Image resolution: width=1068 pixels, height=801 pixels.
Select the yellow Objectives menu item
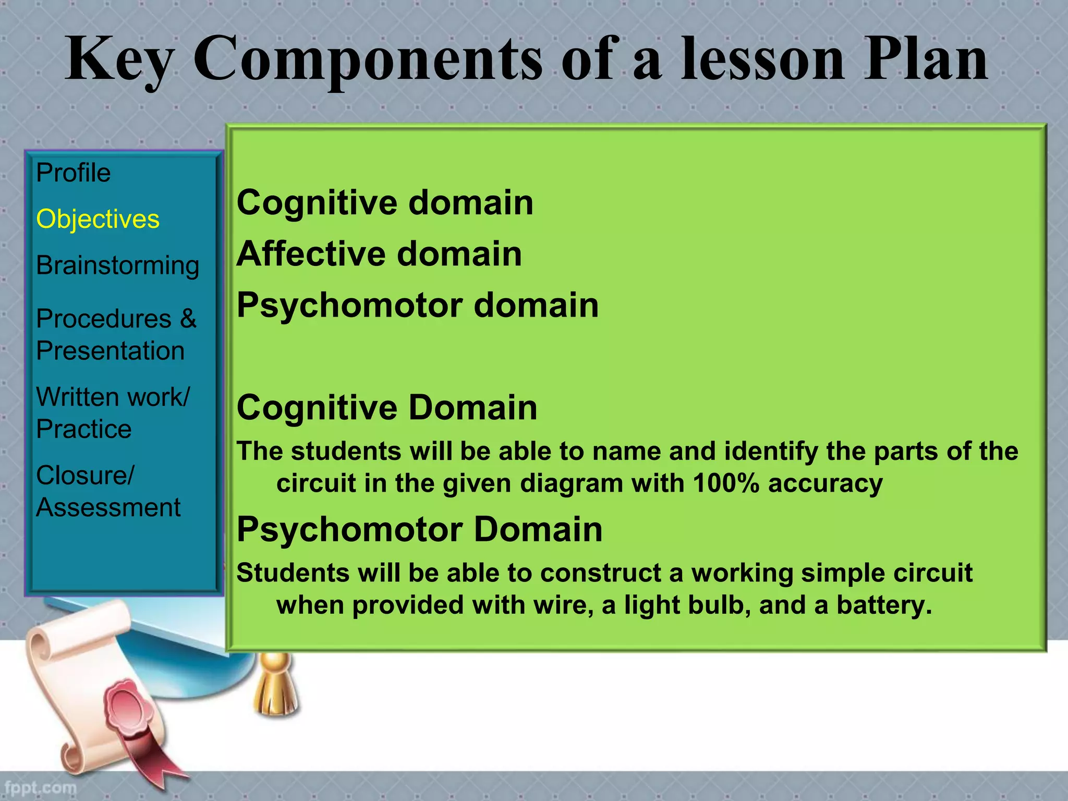point(98,219)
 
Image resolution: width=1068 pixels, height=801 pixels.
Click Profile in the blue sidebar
point(73,173)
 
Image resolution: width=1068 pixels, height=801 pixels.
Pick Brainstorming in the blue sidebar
point(117,265)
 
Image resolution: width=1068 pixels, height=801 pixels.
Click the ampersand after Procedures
point(188,318)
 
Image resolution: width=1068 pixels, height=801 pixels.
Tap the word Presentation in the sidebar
point(110,350)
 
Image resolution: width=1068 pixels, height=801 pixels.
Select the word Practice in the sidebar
point(83,429)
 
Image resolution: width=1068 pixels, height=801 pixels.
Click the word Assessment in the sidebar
point(108,507)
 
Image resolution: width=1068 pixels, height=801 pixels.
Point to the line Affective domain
point(379,253)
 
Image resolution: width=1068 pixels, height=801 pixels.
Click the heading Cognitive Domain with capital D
point(386,407)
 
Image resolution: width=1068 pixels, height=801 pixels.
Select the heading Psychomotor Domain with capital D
point(419,529)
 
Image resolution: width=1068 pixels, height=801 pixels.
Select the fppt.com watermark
point(40,787)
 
